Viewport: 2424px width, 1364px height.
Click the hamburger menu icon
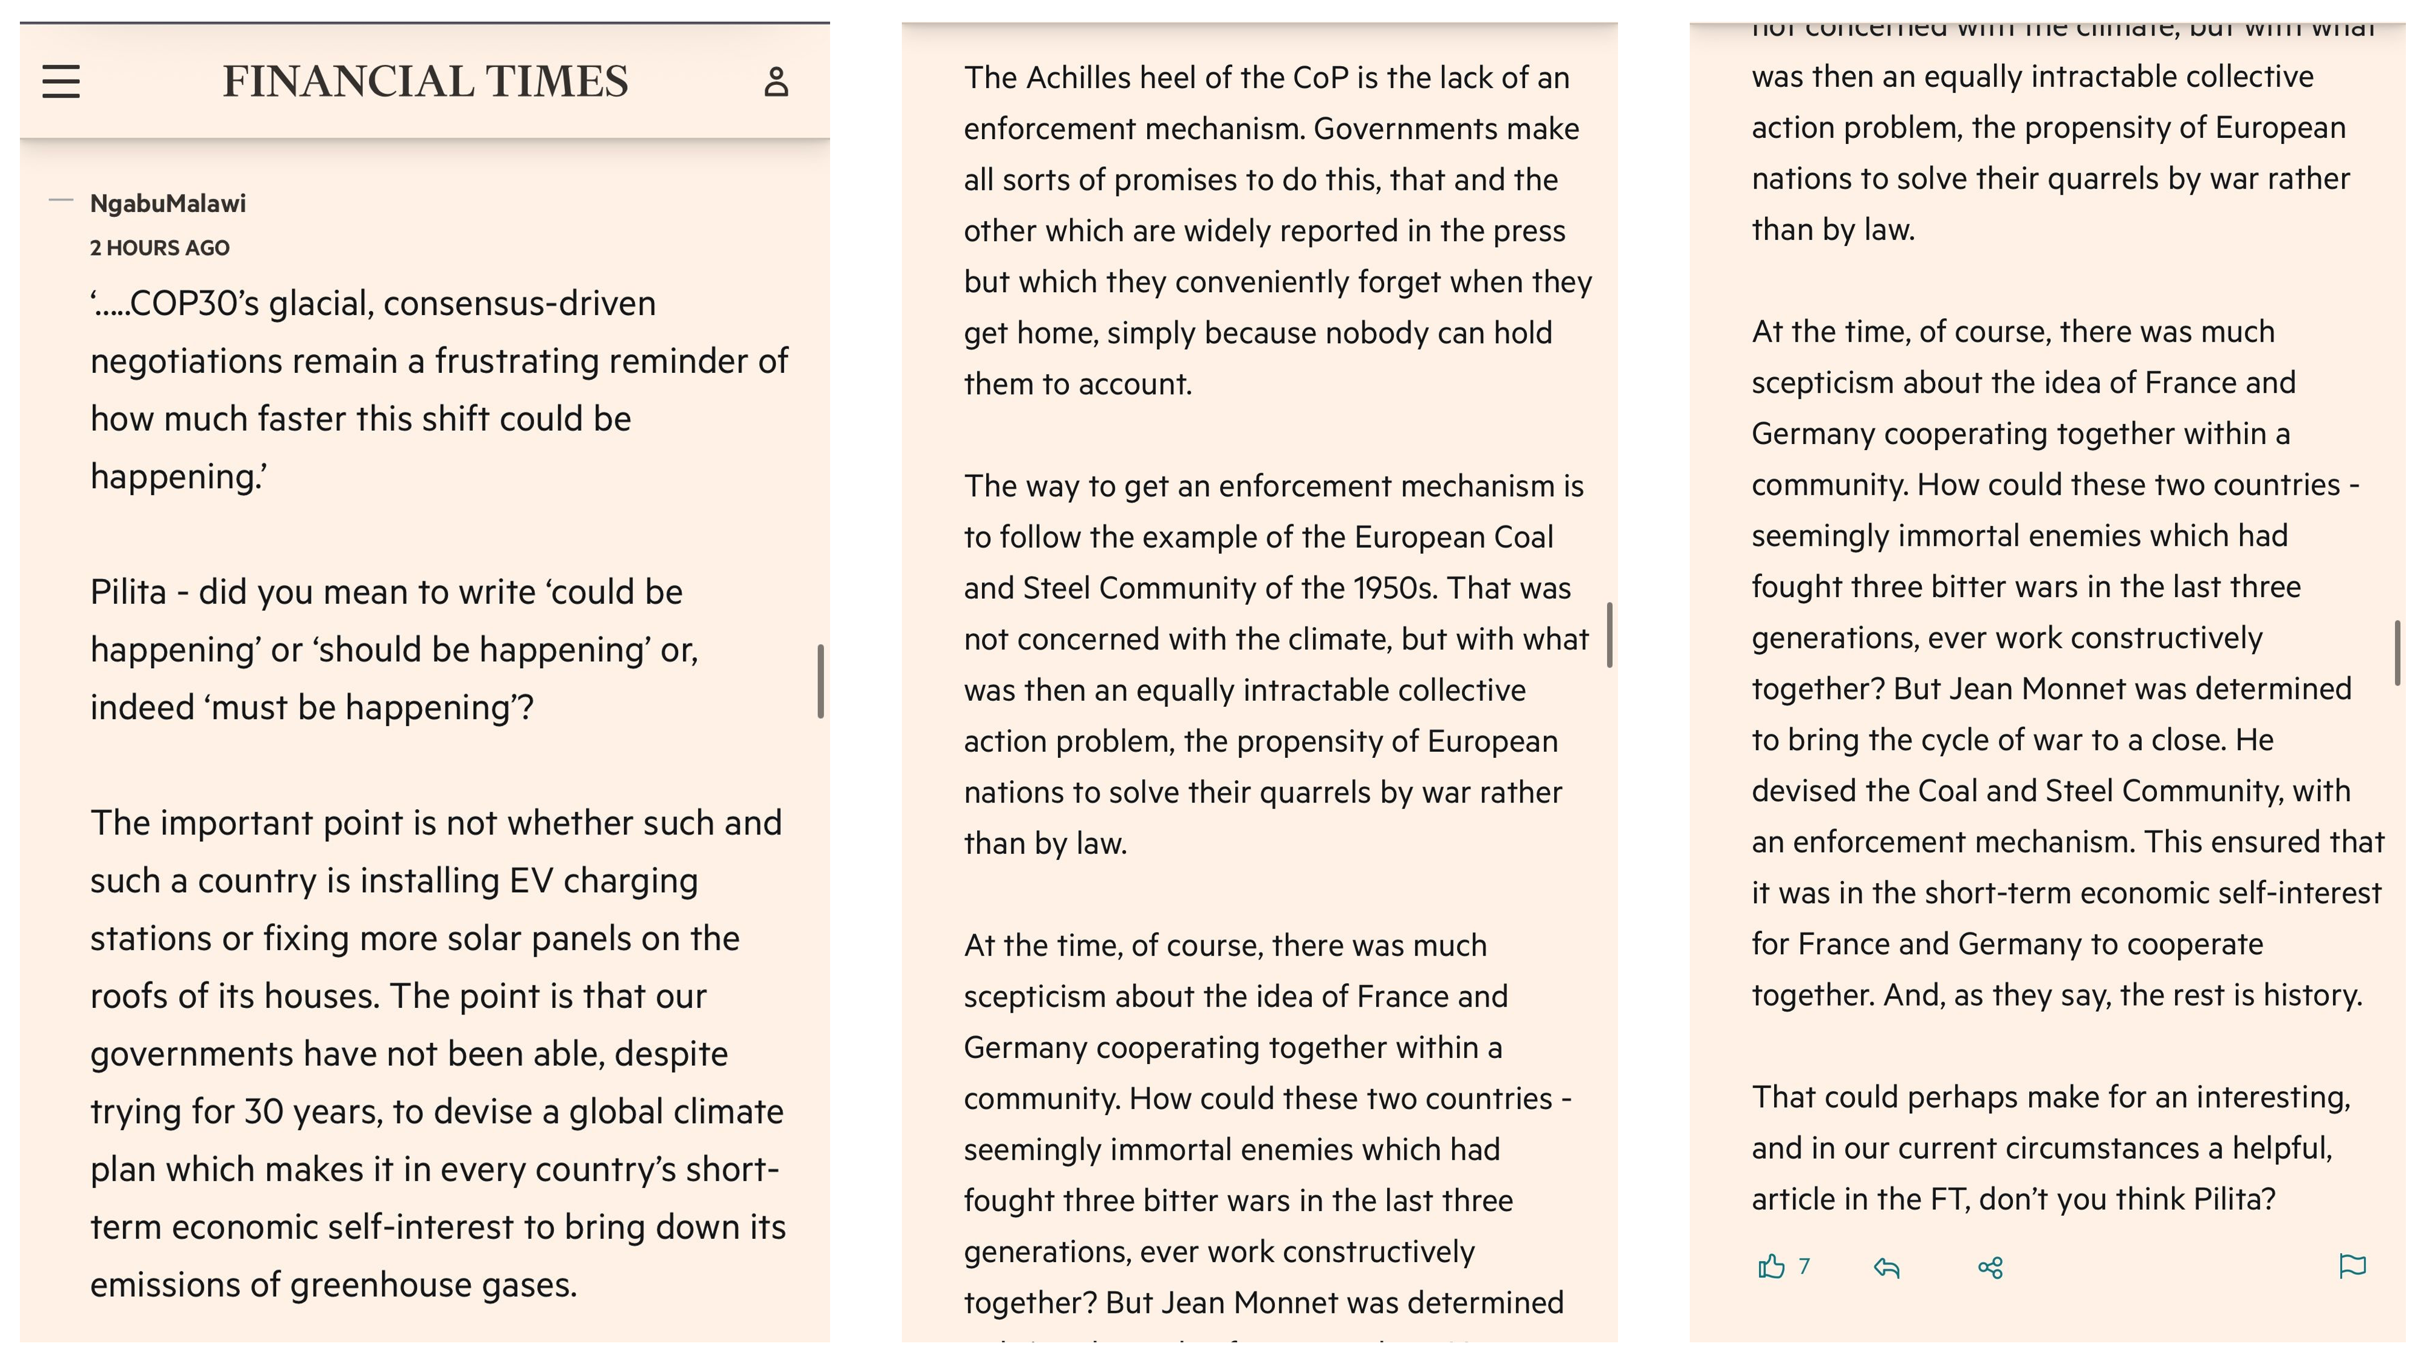[x=61, y=82]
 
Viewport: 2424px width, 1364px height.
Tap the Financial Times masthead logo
[x=426, y=82]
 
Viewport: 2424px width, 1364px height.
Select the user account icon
[x=775, y=82]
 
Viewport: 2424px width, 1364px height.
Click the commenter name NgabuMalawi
[x=168, y=203]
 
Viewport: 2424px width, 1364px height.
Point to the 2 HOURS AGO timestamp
[x=160, y=248]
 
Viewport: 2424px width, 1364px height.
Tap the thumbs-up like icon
[x=1771, y=1267]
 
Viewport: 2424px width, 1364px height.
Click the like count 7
[x=1804, y=1267]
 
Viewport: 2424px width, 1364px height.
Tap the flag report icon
[x=2352, y=1266]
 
